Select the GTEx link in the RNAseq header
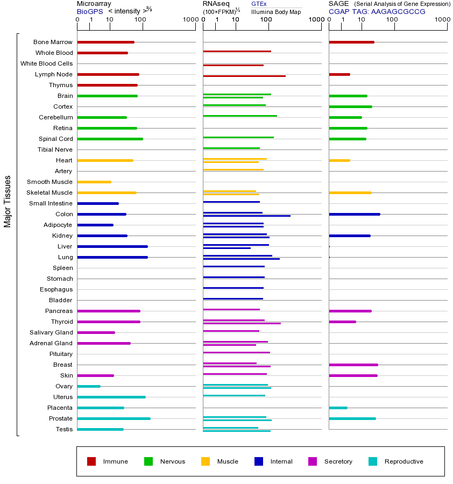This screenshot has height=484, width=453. click(x=259, y=4)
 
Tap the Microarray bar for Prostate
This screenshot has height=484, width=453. click(x=114, y=418)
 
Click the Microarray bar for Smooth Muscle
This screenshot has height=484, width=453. click(x=94, y=182)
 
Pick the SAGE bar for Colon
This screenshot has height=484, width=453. click(x=354, y=214)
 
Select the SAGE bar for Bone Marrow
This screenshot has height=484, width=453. click(x=351, y=42)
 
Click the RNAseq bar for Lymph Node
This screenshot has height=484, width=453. click(x=244, y=76)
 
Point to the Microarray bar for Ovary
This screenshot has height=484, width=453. click(x=89, y=386)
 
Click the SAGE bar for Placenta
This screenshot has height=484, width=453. click(x=338, y=408)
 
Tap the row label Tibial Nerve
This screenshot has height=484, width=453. click(x=55, y=150)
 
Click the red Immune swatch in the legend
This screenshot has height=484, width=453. click(x=91, y=461)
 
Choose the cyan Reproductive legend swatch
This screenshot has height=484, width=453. click(x=373, y=461)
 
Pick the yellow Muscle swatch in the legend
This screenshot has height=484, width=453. click(x=206, y=461)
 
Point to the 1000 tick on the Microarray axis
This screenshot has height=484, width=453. click(x=190, y=19)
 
